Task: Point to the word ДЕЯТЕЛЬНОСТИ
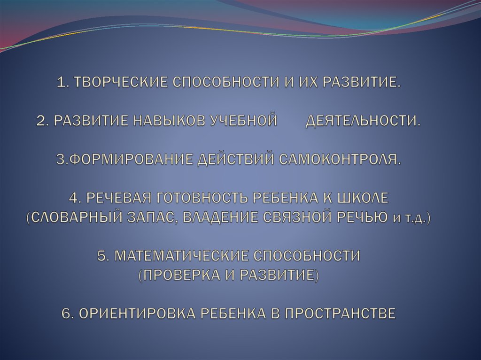click(363, 121)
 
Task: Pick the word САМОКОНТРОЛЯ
click(340, 160)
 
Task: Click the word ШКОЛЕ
click(361, 198)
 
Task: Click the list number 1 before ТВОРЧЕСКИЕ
click(61, 83)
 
